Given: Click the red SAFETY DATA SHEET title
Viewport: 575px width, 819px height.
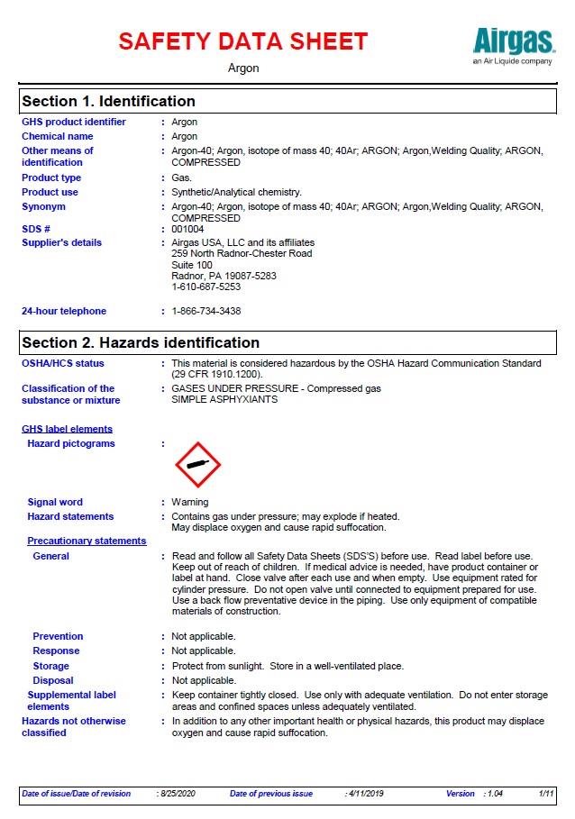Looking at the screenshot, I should pyautogui.click(x=243, y=41).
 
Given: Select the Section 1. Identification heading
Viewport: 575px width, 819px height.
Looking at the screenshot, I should pyautogui.click(x=108, y=101).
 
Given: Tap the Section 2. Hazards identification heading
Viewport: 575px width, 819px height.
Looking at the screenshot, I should pyautogui.click(x=141, y=342).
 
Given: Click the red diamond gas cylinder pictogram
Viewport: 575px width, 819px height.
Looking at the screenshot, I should pyautogui.click(x=197, y=465).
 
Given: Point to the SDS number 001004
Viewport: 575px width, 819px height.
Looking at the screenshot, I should pyautogui.click(x=187, y=229).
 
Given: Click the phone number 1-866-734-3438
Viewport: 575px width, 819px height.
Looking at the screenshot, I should pyautogui.click(x=206, y=311).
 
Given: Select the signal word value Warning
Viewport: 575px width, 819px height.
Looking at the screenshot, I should pyautogui.click(x=190, y=502).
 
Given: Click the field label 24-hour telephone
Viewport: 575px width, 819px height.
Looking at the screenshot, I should pyautogui.click(x=64, y=311).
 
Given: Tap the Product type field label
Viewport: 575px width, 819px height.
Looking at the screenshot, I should pyautogui.click(x=51, y=178).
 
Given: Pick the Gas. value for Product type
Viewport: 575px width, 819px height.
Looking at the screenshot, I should pyautogui.click(x=182, y=178).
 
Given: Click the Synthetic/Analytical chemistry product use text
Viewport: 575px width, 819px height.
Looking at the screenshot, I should pyautogui.click(x=236, y=192).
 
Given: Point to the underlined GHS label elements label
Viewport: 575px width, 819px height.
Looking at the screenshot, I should pyautogui.click(x=68, y=429).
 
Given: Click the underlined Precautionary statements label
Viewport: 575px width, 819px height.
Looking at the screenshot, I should pyautogui.click(x=87, y=541).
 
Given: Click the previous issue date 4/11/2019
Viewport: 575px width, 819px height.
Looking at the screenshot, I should pyautogui.click(x=365, y=794).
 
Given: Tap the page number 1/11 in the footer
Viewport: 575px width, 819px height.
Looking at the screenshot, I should pyautogui.click(x=546, y=794).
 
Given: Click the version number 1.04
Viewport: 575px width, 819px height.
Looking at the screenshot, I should pyautogui.click(x=495, y=794).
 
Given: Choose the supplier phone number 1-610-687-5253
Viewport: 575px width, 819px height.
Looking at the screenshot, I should pyautogui.click(x=206, y=287).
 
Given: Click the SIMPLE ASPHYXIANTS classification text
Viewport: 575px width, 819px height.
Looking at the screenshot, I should pyautogui.click(x=224, y=399).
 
